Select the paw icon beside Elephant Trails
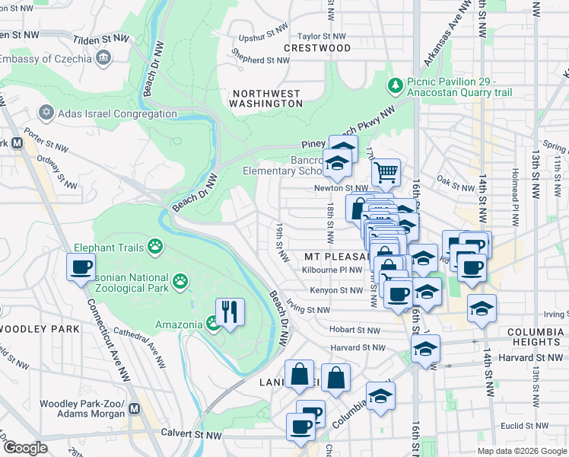[155, 245]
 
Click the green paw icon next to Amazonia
[213, 324]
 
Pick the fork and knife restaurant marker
[230, 311]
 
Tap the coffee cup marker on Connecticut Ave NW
[81, 268]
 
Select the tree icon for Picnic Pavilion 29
[395, 83]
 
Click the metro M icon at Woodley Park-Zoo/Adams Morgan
[135, 409]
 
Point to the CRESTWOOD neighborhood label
[317, 48]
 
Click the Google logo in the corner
[25, 448]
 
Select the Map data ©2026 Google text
[522, 451]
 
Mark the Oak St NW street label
[456, 181]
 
